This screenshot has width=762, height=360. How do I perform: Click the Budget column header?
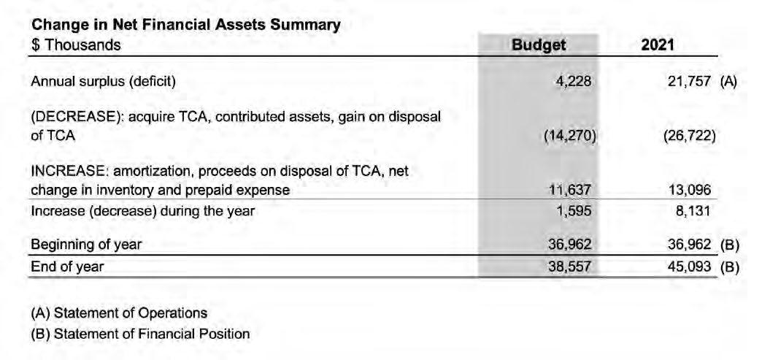pyautogui.click(x=539, y=45)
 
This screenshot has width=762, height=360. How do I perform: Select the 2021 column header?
pyautogui.click(x=657, y=45)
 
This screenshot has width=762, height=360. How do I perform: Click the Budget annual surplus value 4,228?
pyautogui.click(x=573, y=82)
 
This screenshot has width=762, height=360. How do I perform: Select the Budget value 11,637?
pyautogui.click(x=569, y=191)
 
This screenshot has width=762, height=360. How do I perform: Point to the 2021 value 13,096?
pyautogui.click(x=690, y=191)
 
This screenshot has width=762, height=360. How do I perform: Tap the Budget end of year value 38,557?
pyautogui.click(x=569, y=267)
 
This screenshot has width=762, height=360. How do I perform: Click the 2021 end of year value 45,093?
pyautogui.click(x=690, y=267)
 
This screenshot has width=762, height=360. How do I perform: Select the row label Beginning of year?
pyautogui.click(x=86, y=245)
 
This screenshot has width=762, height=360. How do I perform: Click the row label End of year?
pyautogui.click(x=67, y=267)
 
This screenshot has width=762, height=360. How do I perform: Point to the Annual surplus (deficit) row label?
pyautogui.click(x=103, y=82)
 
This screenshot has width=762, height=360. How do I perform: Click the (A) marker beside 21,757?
pyautogui.click(x=729, y=82)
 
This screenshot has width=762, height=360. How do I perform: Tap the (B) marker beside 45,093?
pyautogui.click(x=730, y=267)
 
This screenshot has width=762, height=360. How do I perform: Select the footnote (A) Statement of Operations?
pyautogui.click(x=119, y=313)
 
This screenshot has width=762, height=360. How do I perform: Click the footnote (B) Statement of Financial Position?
pyautogui.click(x=140, y=334)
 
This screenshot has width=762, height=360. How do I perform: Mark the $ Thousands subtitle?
pyautogui.click(x=76, y=45)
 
